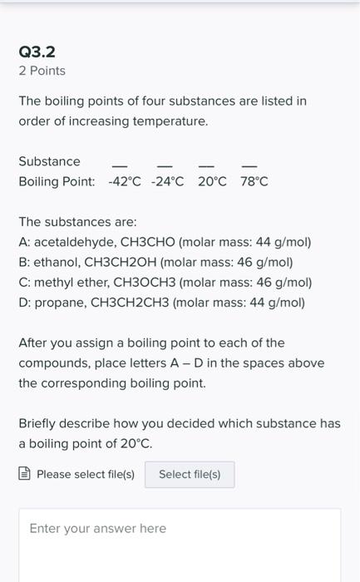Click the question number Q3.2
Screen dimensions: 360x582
coord(37,52)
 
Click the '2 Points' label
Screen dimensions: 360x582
coord(42,71)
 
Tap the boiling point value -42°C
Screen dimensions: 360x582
coord(125,181)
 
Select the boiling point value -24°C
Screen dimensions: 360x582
coord(168,181)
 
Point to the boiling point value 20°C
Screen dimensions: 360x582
coord(212,181)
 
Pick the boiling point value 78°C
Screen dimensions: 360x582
coord(254,181)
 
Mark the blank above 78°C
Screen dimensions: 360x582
coord(249,164)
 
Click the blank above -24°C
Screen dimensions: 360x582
coord(165,164)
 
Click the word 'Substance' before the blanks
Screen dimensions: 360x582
coord(49,161)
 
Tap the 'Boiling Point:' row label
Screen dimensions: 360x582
coord(57,181)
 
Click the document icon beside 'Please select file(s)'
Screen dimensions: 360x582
coord(25,474)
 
